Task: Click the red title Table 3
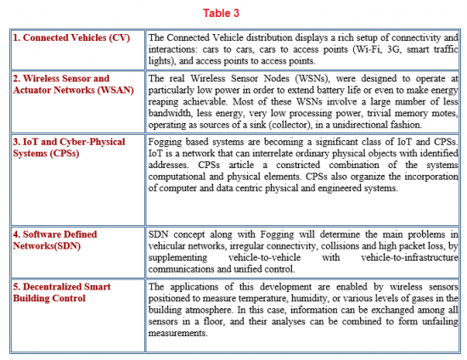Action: tap(233, 13)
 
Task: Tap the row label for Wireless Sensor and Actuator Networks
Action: tap(61, 84)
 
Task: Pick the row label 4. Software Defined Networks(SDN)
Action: tap(54, 239)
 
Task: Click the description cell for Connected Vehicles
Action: tap(301, 49)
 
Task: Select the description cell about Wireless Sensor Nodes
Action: tap(301, 101)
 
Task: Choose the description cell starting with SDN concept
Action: tap(301, 250)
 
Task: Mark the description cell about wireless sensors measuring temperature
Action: tap(301, 310)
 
